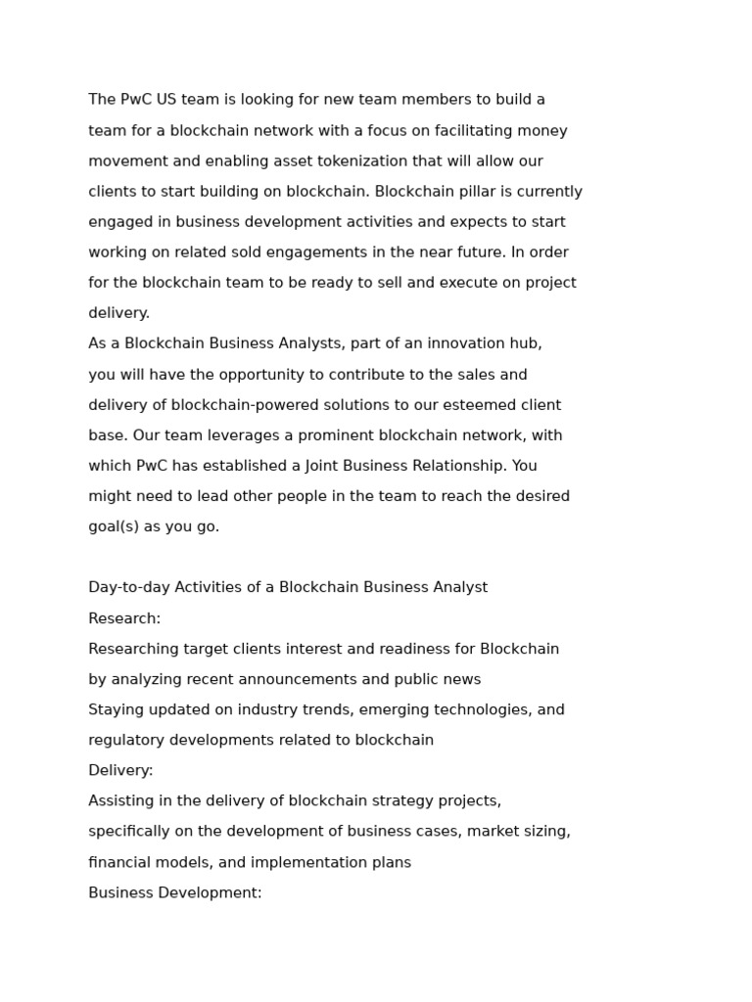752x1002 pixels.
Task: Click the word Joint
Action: click(325, 466)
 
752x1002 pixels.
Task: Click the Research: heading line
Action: click(124, 618)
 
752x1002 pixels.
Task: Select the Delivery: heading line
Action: click(120, 770)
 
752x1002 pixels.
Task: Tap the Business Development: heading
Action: click(175, 892)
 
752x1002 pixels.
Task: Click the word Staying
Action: click(115, 709)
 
